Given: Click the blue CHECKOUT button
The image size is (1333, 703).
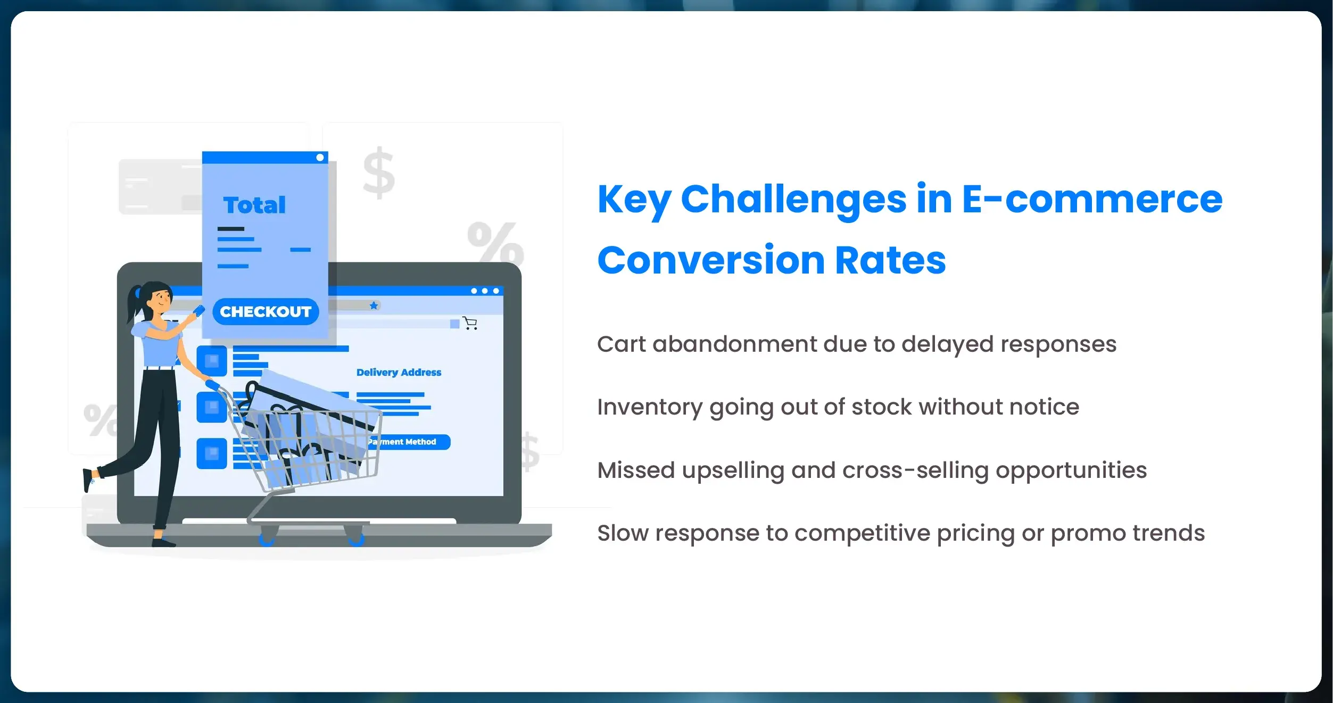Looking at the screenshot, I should coord(265,311).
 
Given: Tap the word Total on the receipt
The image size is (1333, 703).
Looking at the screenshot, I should coord(254,205).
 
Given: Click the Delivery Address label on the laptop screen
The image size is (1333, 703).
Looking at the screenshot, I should coord(399,373).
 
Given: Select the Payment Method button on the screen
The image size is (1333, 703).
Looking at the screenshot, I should coord(407,442).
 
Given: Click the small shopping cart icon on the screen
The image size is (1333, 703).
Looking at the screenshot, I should coord(470,323).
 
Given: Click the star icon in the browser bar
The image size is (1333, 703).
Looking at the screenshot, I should coord(374,305).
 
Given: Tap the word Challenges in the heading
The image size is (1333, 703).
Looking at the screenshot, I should coord(793,200).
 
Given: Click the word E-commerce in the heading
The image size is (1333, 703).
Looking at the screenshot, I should coord(1092,200).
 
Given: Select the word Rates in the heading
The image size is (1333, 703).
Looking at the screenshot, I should coord(890,261).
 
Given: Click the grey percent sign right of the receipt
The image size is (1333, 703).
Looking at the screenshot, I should coord(495,242).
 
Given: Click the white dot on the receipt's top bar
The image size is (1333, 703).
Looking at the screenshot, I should coord(320,158).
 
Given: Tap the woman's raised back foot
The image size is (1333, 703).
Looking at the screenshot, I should coord(88,479).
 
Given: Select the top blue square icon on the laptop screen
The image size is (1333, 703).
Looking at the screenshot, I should coord(212,361).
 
